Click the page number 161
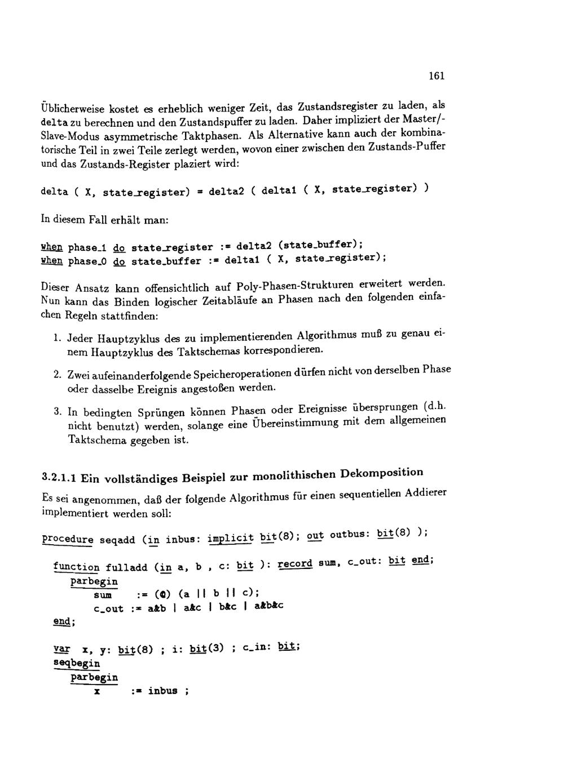437,76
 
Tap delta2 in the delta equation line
226,192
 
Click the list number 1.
57,339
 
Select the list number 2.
57,375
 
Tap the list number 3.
57,411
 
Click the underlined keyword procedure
68,539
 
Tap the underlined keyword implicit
231,537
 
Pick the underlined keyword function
76,567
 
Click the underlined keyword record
295,563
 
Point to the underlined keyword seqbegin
76,663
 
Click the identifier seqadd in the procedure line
117,540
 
